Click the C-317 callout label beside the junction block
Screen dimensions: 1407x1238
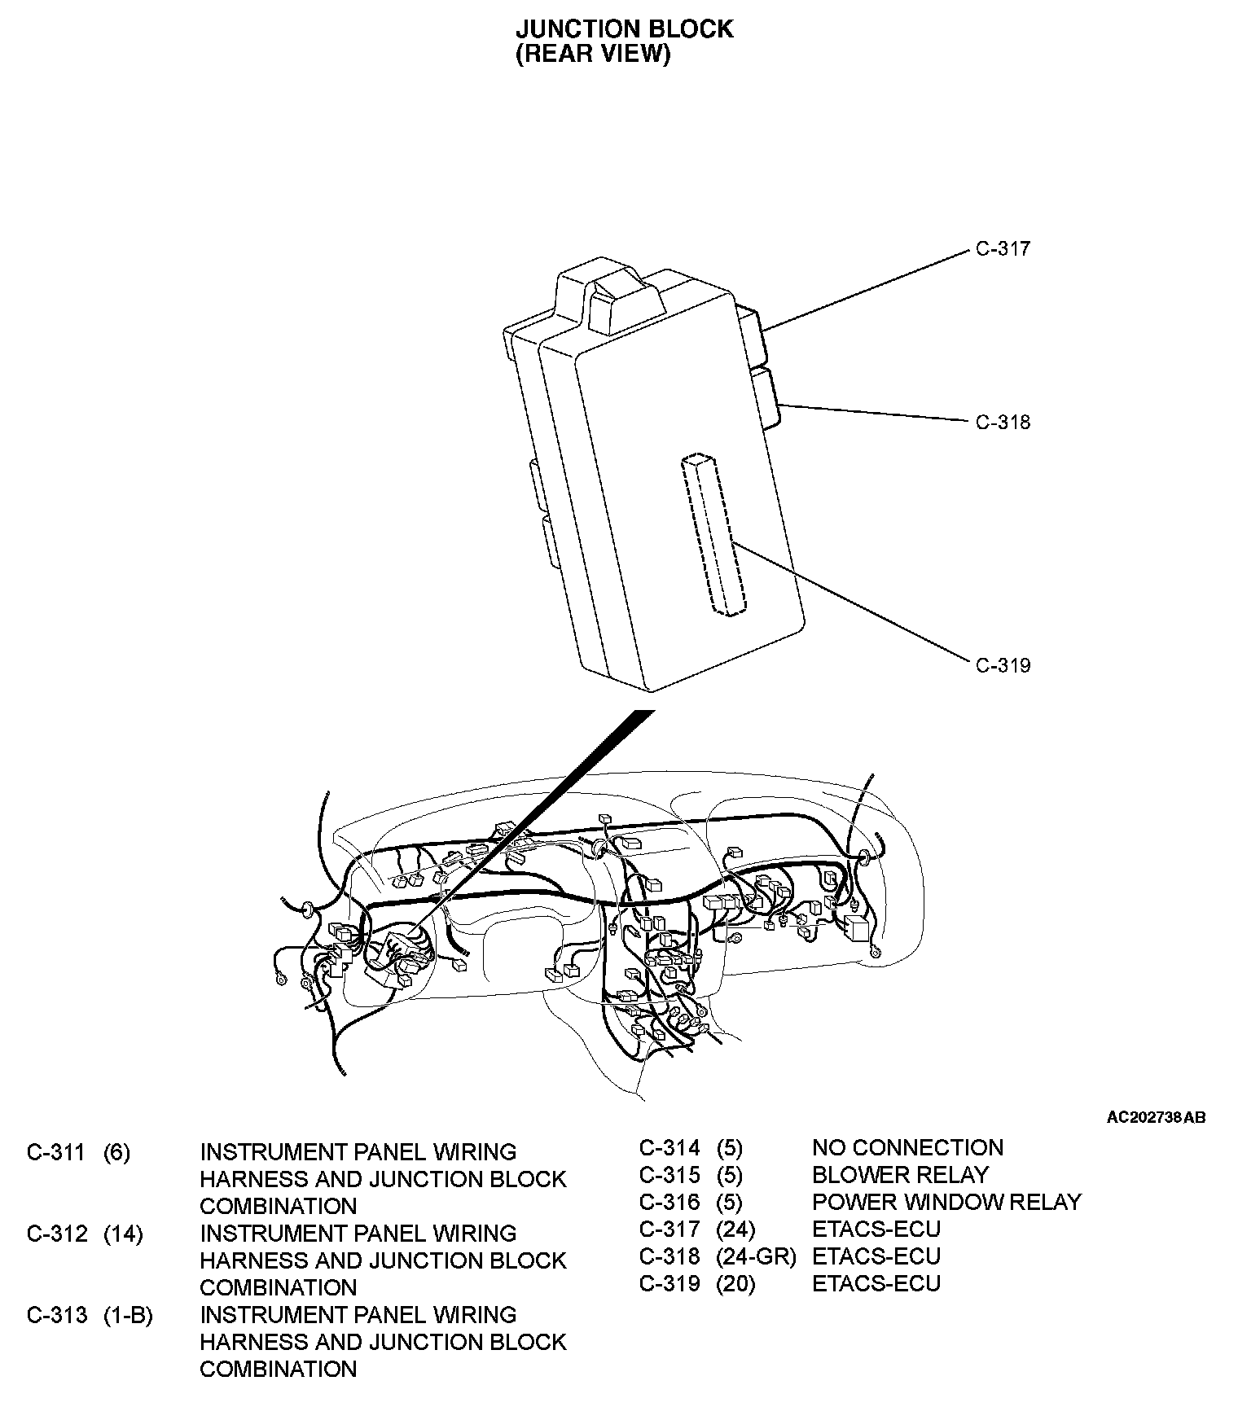[x=1003, y=249]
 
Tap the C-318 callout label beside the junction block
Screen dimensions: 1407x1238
[x=1003, y=422]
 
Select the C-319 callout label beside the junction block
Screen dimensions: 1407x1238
[x=1003, y=665]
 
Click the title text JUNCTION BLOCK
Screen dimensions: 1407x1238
[x=624, y=28]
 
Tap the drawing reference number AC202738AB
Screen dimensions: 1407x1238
[x=1155, y=1117]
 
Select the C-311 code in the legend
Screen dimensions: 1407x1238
[x=56, y=1152]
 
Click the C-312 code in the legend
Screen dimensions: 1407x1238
[x=56, y=1234]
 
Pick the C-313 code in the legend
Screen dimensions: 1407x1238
[x=56, y=1315]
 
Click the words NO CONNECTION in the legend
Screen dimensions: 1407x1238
[x=907, y=1148]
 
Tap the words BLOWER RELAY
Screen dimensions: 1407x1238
[x=900, y=1175]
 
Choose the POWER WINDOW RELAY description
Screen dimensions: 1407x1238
[x=946, y=1202]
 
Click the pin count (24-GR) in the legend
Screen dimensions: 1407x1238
[x=755, y=1256]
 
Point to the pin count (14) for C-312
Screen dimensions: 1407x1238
[x=123, y=1234]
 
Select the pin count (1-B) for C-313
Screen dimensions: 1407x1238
[x=128, y=1315]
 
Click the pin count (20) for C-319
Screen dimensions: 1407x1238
[x=735, y=1283]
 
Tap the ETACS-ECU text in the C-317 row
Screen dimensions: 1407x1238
[x=876, y=1229]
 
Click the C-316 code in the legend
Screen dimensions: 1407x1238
[x=669, y=1202]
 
